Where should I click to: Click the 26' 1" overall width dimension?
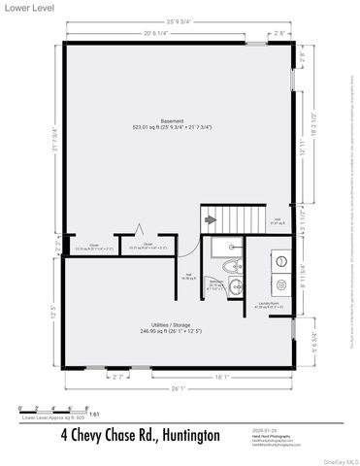(177, 390)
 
